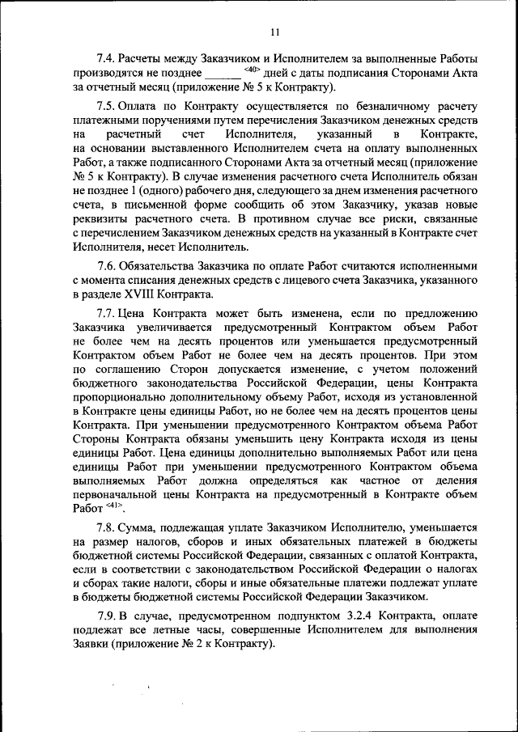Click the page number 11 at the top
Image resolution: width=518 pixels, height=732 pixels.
pos(274,32)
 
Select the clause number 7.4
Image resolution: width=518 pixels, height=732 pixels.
pos(105,59)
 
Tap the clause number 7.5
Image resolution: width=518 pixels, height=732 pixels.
pos(105,107)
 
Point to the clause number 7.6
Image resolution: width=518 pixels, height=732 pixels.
pos(105,265)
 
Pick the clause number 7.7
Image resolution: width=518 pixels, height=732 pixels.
pos(105,313)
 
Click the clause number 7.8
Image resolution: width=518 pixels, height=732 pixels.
pos(105,527)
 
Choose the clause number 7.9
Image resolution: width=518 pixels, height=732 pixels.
pos(105,617)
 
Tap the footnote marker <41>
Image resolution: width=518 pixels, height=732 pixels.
pos(112,506)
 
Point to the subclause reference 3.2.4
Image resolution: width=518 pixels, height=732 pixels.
pos(331,617)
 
